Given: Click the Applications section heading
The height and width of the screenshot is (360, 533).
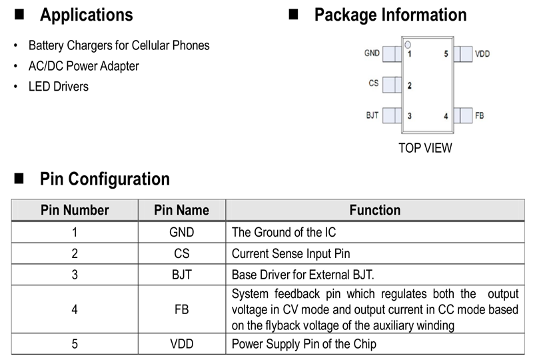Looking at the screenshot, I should (86, 15).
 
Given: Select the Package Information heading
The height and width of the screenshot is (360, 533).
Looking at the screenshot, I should (390, 15).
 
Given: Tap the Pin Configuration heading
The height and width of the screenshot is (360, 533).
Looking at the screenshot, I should (105, 179).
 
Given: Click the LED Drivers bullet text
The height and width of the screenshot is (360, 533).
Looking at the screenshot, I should (58, 87).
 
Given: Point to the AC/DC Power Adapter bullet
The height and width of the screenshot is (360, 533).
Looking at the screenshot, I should (83, 66).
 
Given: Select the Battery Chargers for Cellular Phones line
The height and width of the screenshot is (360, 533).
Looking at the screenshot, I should (119, 45).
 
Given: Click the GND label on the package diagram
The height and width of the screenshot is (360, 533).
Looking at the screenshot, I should (372, 53).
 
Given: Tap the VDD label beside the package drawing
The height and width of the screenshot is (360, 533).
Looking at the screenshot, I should (482, 53).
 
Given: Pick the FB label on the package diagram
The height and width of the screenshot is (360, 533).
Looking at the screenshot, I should (480, 115).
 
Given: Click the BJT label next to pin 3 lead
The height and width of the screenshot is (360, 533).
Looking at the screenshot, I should (372, 115).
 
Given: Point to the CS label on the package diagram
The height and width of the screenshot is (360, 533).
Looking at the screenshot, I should (374, 83).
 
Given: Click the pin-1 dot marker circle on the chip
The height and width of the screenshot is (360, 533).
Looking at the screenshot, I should (407, 45).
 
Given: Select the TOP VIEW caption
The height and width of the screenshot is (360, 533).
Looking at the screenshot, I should (425, 148).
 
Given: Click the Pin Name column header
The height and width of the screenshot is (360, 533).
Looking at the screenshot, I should (181, 210).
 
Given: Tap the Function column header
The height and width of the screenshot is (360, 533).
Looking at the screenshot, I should (375, 210).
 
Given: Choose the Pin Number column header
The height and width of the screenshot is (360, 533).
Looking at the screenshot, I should (75, 210).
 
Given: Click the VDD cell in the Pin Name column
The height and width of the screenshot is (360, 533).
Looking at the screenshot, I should (181, 344).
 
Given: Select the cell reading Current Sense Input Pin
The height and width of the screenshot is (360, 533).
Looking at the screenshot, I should (290, 253).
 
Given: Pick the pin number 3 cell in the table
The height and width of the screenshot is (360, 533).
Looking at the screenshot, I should (75, 275).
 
